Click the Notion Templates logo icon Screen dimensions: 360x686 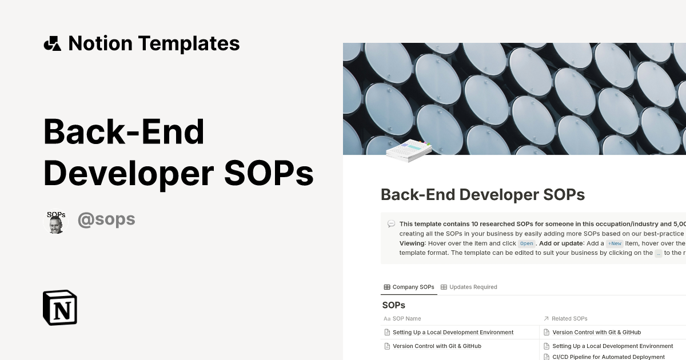pos(52,43)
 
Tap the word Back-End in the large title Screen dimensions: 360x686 pos(123,131)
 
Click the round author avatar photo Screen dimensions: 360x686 pos(55,221)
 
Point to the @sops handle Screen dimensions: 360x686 pos(106,219)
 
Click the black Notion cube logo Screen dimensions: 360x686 pos(60,307)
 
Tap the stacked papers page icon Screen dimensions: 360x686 pos(408,150)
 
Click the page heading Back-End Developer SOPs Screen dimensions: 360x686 pos(482,195)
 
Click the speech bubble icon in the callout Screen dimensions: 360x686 pos(391,224)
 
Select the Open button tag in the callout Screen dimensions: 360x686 pos(526,243)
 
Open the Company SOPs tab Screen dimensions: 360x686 pos(409,287)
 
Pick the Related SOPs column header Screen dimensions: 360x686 pos(569,318)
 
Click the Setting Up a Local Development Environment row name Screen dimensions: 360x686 pos(453,332)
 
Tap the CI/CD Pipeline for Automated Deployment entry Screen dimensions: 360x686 pos(608,357)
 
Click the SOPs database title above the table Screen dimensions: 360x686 pos(393,305)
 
